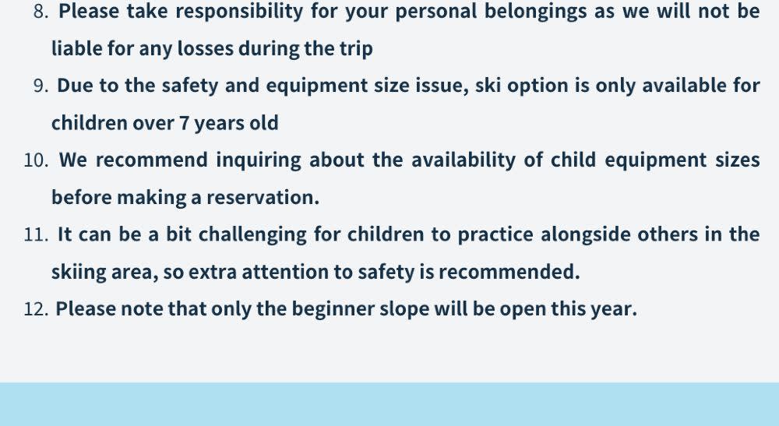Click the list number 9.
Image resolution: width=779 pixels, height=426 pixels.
[x=41, y=86]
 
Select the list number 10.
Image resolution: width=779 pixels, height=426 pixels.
[x=36, y=160]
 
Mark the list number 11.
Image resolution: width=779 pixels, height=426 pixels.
[x=36, y=234]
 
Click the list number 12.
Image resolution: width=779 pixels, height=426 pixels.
[x=36, y=309]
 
